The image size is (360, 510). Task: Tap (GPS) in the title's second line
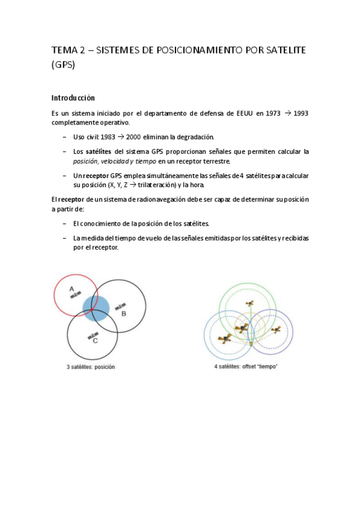[63, 66]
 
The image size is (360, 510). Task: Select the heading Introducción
[73, 97]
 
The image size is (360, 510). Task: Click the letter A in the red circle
[72, 290]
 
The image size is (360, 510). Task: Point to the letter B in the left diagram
[123, 313]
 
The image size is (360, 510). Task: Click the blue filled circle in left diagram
[96, 310]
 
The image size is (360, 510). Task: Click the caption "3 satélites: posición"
[90, 366]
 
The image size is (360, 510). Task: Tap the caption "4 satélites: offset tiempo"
[246, 366]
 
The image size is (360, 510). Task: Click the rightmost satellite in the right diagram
[275, 330]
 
